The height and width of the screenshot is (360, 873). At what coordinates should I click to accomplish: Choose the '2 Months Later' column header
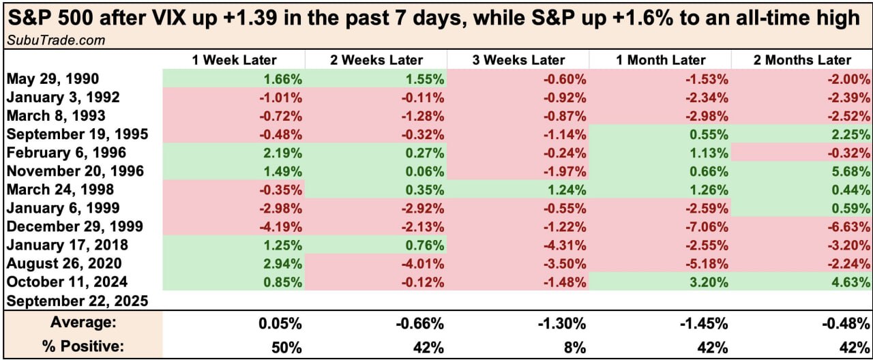click(802, 61)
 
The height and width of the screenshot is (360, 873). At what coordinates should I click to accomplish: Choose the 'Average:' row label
click(83, 322)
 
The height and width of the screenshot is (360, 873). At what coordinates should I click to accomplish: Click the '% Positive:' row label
click(83, 346)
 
